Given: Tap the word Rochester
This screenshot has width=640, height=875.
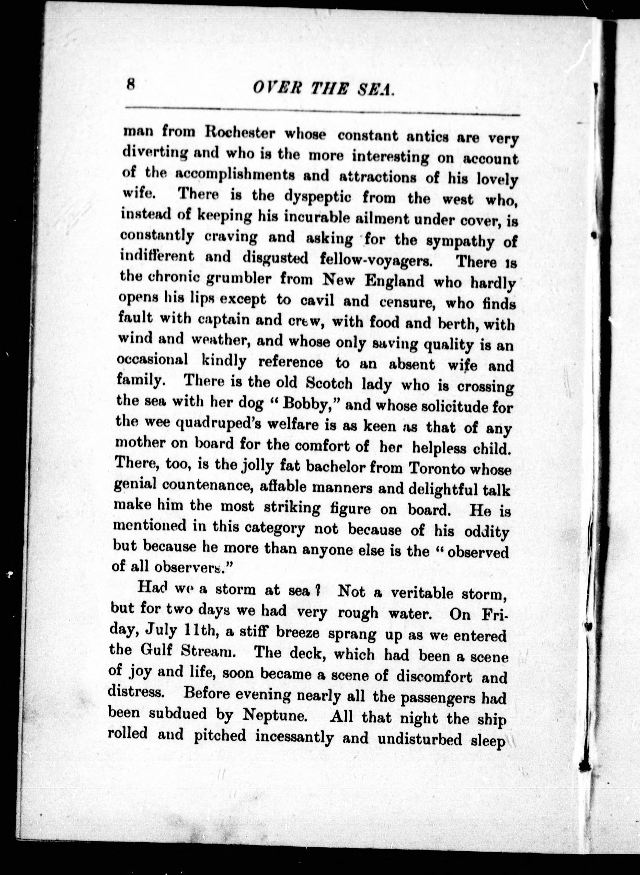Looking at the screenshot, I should click(x=239, y=133).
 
